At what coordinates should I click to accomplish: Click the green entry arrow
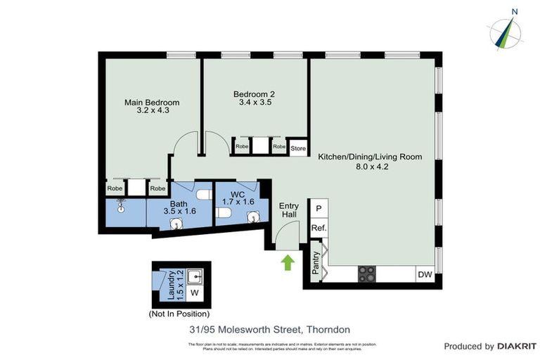click(288, 263)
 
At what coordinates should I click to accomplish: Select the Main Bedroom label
click(147, 103)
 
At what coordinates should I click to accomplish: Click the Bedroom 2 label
click(254, 94)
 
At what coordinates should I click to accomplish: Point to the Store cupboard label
click(298, 148)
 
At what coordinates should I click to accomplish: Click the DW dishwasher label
click(424, 274)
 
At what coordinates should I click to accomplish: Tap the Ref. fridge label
click(319, 228)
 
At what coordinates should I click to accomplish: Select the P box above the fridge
click(319, 208)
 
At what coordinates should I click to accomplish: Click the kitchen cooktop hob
click(367, 274)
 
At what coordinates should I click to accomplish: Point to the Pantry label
click(316, 262)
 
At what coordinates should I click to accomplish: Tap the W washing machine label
click(195, 292)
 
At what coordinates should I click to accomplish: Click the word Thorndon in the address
click(327, 329)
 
